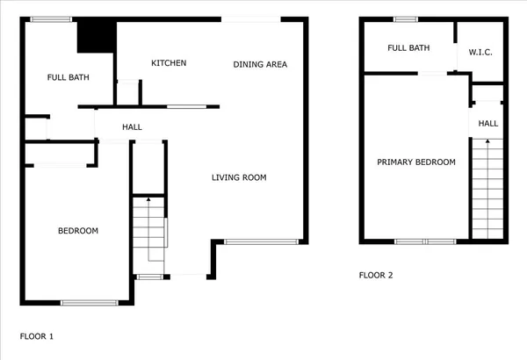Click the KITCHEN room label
pyautogui.click(x=169, y=63)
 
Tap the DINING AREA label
pyautogui.click(x=260, y=64)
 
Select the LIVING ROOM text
pyautogui.click(x=239, y=177)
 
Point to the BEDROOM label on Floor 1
pyautogui.click(x=78, y=231)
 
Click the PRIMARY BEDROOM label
pyautogui.click(x=416, y=162)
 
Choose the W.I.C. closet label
pyautogui.click(x=480, y=53)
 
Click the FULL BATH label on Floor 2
pyautogui.click(x=408, y=47)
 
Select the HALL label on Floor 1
pyautogui.click(x=133, y=127)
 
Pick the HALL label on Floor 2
pyautogui.click(x=488, y=124)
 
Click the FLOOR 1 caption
pyautogui.click(x=37, y=335)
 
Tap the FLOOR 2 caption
pyautogui.click(x=376, y=275)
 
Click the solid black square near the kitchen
pyautogui.click(x=97, y=38)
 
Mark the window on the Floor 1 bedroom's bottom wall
pyautogui.click(x=90, y=303)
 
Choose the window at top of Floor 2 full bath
pyautogui.click(x=406, y=19)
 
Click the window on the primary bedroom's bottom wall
pyautogui.click(x=424, y=241)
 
